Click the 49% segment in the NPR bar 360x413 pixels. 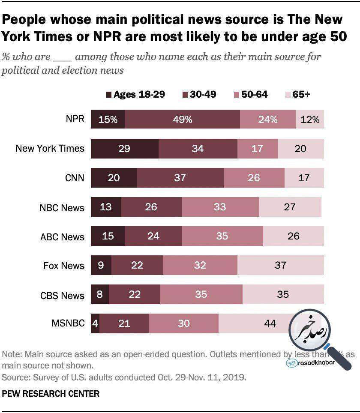click(183, 120)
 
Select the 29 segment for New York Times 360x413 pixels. click(125, 149)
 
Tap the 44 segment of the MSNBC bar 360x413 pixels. click(270, 323)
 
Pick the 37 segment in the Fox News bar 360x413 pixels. click(280, 265)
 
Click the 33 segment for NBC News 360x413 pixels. click(220, 207)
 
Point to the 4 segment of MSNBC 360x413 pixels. click(95, 323)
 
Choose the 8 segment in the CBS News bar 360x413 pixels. click(100, 294)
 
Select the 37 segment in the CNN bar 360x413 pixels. click(180, 178)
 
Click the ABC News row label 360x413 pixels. click(62, 236)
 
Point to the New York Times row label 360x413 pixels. click(50, 149)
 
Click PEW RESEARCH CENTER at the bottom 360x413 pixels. click(51, 393)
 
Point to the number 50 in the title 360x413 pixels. click(338, 37)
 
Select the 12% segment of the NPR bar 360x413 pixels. click(310, 120)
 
